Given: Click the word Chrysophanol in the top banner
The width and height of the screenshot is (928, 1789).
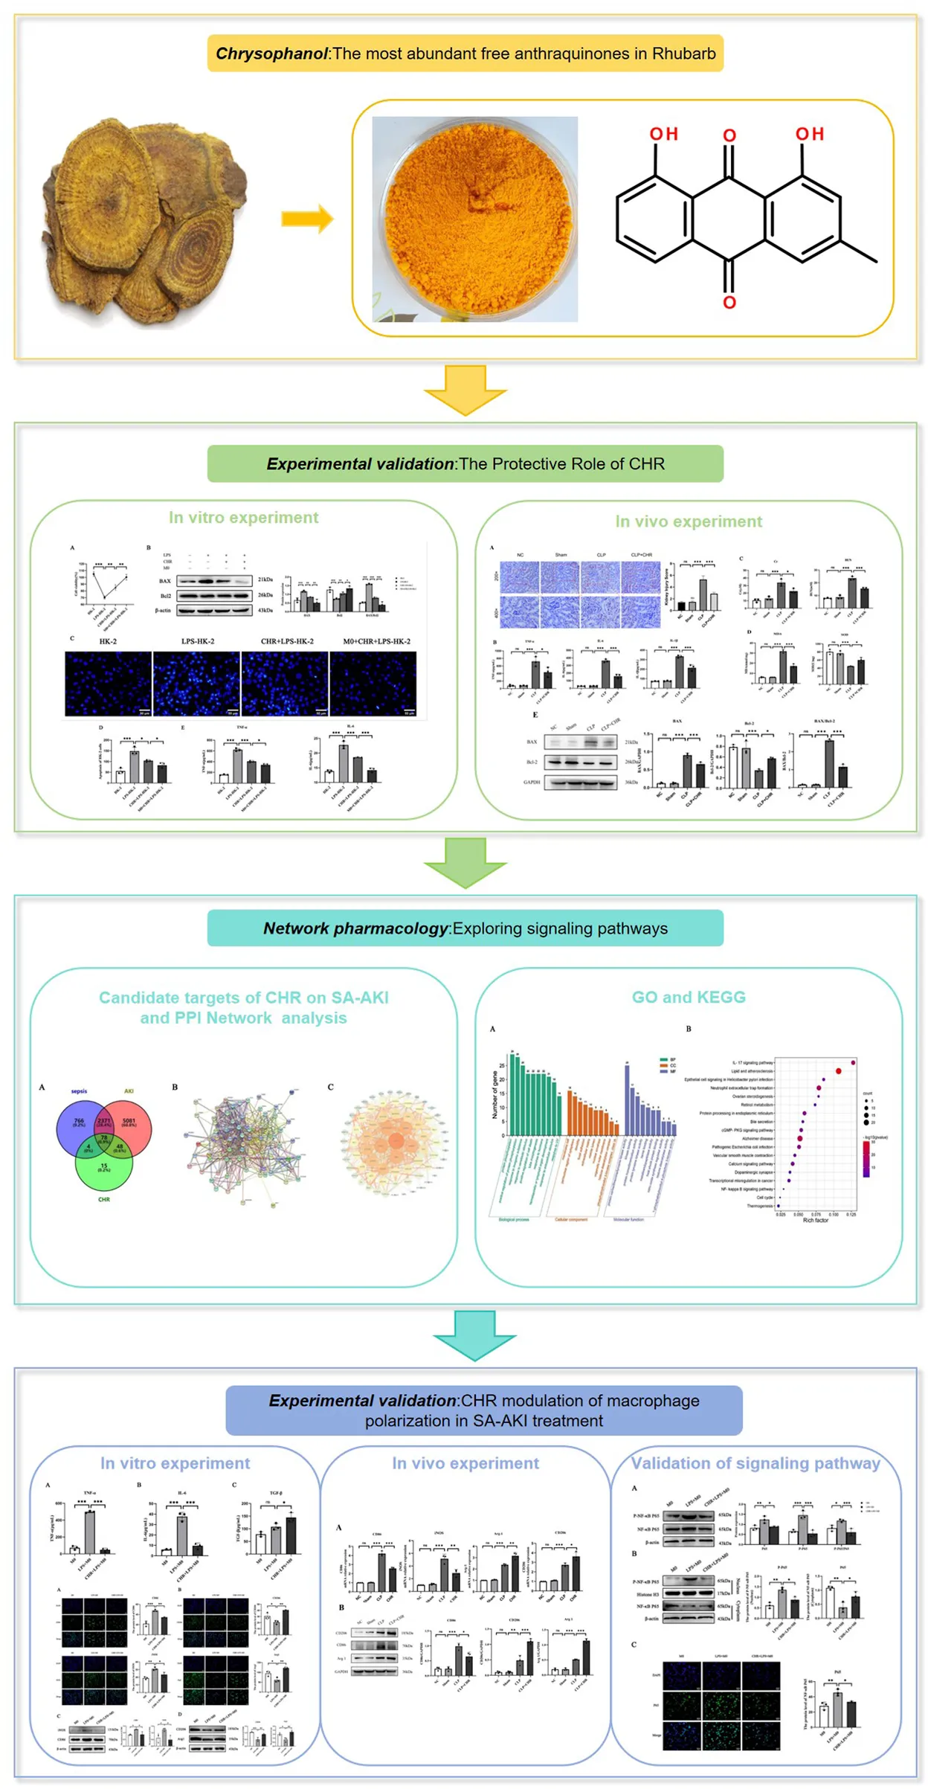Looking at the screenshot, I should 271,54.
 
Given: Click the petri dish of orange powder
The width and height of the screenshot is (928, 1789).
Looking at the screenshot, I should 474,219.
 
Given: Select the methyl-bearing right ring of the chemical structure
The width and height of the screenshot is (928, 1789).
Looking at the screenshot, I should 802,219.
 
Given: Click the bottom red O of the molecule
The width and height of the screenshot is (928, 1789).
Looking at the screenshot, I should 729,302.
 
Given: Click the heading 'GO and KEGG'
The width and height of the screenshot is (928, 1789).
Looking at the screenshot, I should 688,997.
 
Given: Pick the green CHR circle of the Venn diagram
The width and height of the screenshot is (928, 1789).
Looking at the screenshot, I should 104,1169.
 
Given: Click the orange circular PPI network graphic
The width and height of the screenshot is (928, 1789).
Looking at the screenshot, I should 395,1141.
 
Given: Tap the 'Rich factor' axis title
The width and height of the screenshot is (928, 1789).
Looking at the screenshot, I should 815,1221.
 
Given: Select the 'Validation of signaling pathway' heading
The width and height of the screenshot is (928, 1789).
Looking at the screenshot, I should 755,1463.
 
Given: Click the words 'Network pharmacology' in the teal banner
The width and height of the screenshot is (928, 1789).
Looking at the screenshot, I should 355,928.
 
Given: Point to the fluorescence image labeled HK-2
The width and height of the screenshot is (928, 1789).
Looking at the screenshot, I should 108,684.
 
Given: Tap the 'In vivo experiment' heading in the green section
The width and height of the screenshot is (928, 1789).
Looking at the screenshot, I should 688,521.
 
